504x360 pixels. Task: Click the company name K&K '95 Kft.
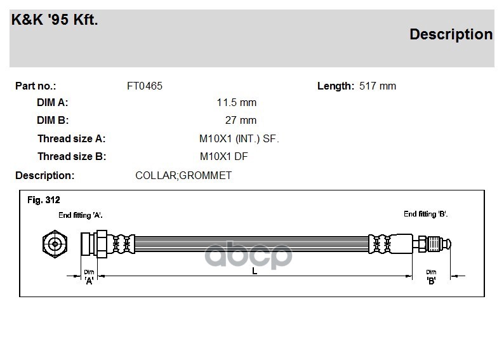pyautogui.click(x=55, y=20)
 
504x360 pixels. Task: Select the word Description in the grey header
pyautogui.click(x=451, y=34)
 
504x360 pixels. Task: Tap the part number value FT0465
pyautogui.click(x=145, y=86)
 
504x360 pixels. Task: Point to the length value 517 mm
pyautogui.click(x=378, y=86)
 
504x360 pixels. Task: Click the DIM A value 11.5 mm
pyautogui.click(x=237, y=102)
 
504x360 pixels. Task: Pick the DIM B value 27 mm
pyautogui.click(x=241, y=120)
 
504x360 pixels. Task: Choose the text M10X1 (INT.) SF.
pyautogui.click(x=239, y=138)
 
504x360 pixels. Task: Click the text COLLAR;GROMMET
pyautogui.click(x=183, y=175)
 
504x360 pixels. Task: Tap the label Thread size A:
pyautogui.click(x=71, y=138)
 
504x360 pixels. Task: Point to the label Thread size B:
pyautogui.click(x=71, y=156)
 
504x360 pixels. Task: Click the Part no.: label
pyautogui.click(x=36, y=86)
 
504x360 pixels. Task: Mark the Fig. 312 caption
pyautogui.click(x=43, y=200)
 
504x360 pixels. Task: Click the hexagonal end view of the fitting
pyautogui.click(x=54, y=243)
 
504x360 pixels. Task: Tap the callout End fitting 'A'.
pyautogui.click(x=81, y=215)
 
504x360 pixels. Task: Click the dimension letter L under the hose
pyautogui.click(x=255, y=271)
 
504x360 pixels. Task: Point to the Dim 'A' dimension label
pyautogui.click(x=89, y=276)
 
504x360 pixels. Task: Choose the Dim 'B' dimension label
pyautogui.click(x=431, y=276)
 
